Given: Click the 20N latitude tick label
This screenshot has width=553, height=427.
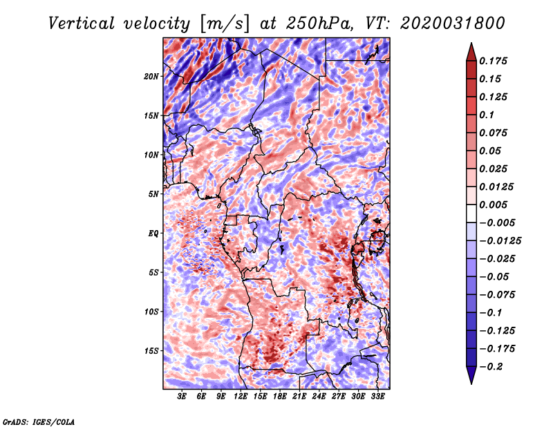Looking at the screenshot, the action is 151,76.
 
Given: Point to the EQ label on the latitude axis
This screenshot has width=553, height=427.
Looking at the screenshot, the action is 153,234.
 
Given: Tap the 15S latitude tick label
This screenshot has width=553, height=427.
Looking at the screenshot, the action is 151,351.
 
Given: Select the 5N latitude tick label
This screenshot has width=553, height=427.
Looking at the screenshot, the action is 153,194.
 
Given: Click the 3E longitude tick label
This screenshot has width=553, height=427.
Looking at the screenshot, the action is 182,397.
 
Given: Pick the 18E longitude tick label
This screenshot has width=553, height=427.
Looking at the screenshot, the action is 280,397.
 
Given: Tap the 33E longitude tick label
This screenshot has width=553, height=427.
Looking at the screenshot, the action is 377,397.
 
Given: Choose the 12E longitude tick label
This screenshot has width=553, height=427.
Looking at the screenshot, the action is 241,397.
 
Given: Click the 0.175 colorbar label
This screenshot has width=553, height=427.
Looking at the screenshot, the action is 493,61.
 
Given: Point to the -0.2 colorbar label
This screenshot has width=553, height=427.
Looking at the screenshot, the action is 491,367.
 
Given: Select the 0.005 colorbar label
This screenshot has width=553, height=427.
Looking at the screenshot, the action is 493,205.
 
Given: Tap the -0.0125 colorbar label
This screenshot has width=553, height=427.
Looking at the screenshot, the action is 500,241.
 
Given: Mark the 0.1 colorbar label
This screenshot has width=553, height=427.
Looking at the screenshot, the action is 487,115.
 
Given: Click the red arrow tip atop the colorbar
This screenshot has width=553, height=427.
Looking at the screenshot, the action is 471,43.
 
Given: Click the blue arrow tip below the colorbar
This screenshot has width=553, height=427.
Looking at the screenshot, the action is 471,383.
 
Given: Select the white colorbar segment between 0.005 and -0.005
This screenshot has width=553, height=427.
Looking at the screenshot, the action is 471,213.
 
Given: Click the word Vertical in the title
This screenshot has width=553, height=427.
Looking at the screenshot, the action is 81,23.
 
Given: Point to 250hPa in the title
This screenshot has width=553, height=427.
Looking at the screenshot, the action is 319,23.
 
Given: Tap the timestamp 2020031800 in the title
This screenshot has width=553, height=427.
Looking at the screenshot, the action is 452,23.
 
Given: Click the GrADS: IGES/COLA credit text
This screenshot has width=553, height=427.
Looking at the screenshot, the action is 39,421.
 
